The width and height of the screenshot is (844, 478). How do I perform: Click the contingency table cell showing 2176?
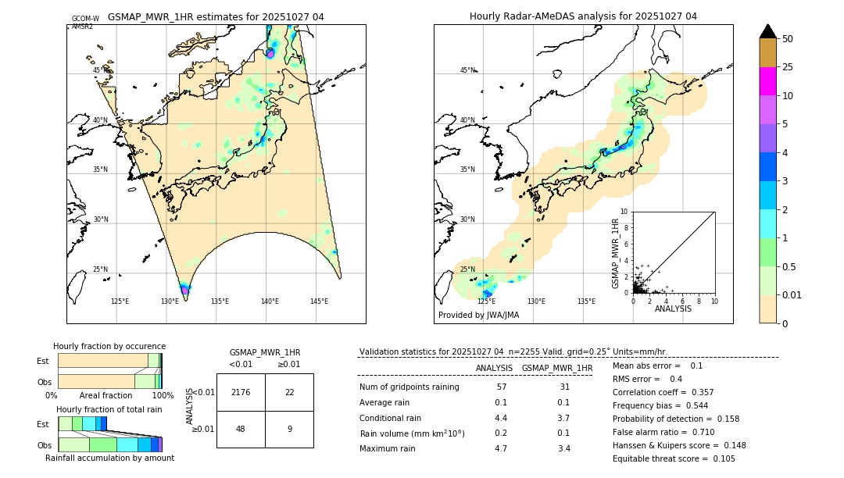[241, 392]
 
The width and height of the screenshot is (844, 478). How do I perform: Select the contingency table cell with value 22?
[289, 392]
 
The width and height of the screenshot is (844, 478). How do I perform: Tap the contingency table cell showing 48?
[241, 429]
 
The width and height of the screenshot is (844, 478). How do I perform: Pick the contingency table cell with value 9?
[289, 429]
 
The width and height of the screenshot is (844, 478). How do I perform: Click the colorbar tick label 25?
[788, 67]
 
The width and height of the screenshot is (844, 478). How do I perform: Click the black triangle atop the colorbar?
[768, 31]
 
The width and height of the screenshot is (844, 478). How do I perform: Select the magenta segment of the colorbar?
[768, 81]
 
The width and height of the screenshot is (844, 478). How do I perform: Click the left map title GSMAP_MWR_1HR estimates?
[216, 16]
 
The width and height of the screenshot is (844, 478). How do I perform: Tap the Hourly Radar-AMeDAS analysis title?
[583, 16]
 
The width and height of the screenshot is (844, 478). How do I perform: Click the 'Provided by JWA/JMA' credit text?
[478, 316]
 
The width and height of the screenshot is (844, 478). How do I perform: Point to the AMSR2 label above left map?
[83, 27]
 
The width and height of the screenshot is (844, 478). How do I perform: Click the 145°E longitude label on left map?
[319, 301]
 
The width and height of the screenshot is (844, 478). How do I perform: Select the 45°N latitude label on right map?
[467, 70]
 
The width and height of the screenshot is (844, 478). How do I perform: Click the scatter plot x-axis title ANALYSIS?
[673, 309]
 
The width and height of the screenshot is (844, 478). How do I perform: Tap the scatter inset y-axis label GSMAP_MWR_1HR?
[616, 253]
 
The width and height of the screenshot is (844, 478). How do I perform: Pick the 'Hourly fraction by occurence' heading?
[109, 346]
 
